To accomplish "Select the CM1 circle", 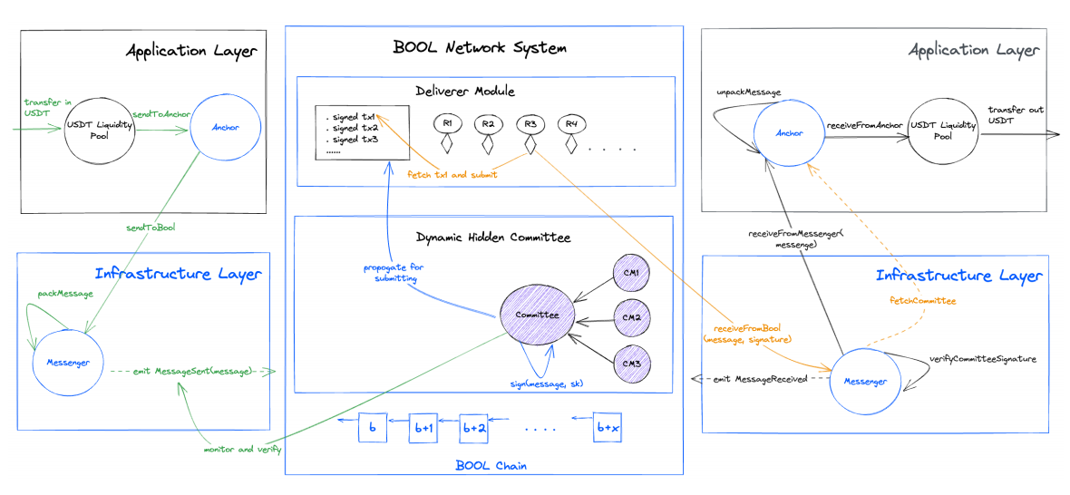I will pyautogui.click(x=629, y=274).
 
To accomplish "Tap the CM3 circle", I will pyautogui.click(x=629, y=363).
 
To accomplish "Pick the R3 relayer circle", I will pyautogui.click(x=530, y=122).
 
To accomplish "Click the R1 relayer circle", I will pyautogui.click(x=448, y=122).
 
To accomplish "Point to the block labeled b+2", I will pyautogui.click(x=474, y=427).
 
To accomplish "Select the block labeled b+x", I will pyautogui.click(x=607, y=427).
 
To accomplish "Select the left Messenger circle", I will pyautogui.click(x=67, y=364).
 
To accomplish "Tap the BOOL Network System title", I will pyautogui.click(x=481, y=47).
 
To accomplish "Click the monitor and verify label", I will pyautogui.click(x=242, y=449).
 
